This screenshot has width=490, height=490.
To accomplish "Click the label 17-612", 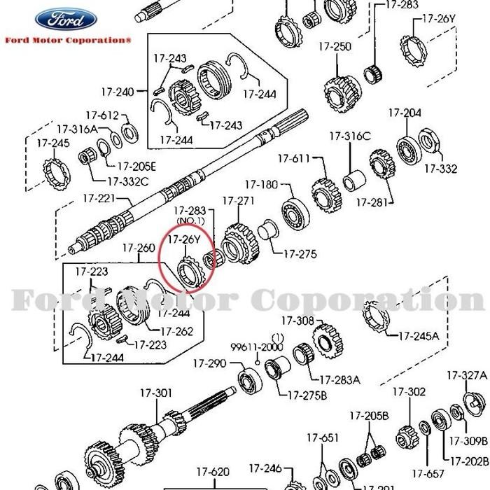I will coord(102,115).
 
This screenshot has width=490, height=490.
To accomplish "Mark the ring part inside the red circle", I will coord(188,272).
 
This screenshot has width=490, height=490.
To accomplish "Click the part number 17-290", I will coord(209,363).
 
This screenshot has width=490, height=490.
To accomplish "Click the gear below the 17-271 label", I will coord(240,241).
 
